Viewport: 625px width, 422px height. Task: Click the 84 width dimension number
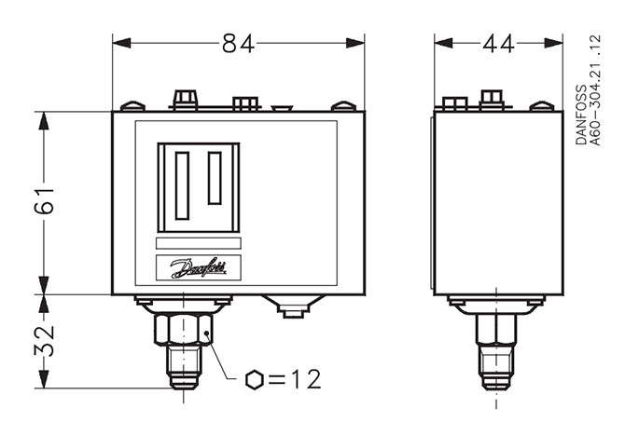(238, 44)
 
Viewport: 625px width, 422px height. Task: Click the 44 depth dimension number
(498, 44)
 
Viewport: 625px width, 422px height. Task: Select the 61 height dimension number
(44, 200)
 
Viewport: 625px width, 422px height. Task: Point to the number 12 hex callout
(306, 379)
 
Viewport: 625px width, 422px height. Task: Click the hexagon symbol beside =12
(255, 379)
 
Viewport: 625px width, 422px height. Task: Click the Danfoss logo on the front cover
(199, 268)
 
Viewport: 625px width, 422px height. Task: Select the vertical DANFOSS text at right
(581, 115)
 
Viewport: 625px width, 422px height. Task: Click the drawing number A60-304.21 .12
(595, 90)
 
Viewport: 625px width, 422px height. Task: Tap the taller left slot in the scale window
(182, 185)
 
